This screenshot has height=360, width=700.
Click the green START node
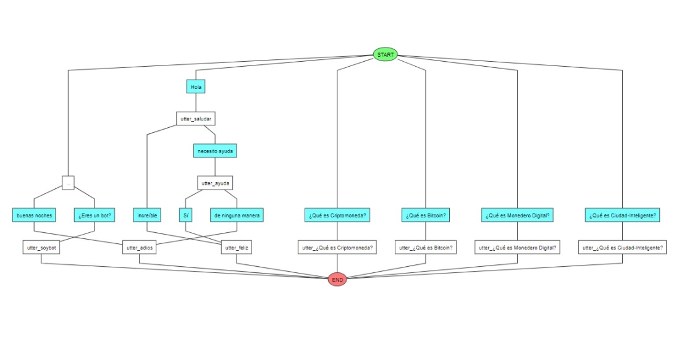(386, 54)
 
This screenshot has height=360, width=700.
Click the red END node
(337, 280)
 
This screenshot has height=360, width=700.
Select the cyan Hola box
(196, 87)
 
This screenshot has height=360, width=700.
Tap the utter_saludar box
(196, 119)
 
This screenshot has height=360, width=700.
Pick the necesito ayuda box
(214, 151)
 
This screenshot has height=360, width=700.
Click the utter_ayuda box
(214, 183)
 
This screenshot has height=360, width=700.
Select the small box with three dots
(68, 183)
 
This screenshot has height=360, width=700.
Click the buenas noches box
(34, 216)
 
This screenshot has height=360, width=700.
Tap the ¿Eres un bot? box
(95, 216)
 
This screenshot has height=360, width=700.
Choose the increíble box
(146, 216)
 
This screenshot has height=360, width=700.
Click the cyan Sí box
(186, 216)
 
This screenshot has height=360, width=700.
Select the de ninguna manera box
(237, 216)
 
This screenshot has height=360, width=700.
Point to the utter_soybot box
(41, 248)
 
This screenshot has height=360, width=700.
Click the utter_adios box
(139, 248)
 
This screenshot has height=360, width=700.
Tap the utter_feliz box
(237, 248)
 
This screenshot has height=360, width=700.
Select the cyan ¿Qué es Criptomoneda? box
(337, 216)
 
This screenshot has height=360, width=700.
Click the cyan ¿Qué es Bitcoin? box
(426, 216)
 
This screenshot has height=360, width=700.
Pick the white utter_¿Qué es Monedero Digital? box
(517, 248)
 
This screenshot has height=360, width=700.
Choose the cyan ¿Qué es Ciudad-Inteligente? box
(622, 216)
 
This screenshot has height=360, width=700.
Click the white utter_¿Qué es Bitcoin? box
(426, 248)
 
